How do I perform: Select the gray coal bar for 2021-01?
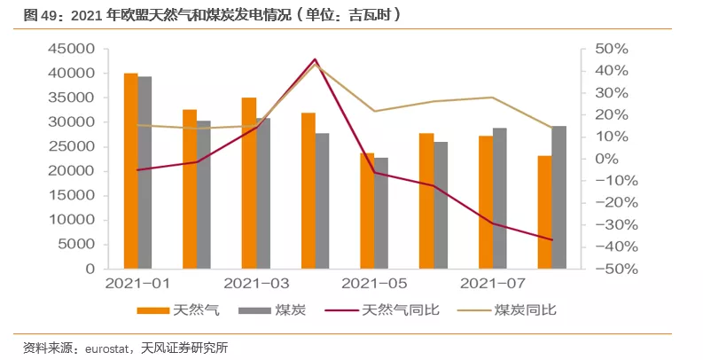(x=145, y=173)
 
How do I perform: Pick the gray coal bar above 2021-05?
(x=381, y=213)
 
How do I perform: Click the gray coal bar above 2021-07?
(x=499, y=199)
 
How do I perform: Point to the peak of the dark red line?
(x=315, y=59)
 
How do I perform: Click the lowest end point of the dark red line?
(x=551, y=239)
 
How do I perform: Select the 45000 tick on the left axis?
(x=72, y=50)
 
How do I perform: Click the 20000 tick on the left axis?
(x=72, y=171)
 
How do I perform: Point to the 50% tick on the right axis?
(x=611, y=50)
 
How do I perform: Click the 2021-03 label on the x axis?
(x=255, y=285)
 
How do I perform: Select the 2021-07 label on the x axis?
(x=492, y=285)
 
